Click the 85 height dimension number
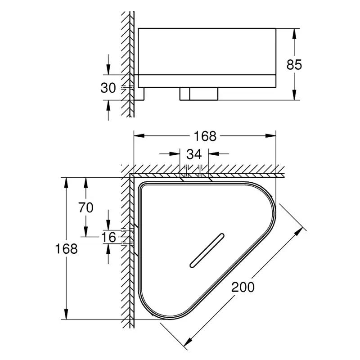coord(294,64)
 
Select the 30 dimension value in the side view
coord(108,87)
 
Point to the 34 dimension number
coord(194,154)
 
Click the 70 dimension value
coord(85,207)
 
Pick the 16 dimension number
coord(109,236)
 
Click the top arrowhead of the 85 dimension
coord(294,32)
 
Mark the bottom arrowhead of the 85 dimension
coord(294,96)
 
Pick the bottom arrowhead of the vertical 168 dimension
coord(67,316)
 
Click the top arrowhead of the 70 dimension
coord(85,181)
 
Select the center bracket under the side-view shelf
coord(199,94)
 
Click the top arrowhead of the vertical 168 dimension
coord(67,181)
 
